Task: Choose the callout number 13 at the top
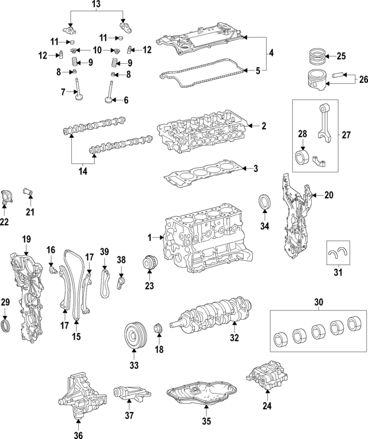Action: coord(96,5)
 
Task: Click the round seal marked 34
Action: coord(265,204)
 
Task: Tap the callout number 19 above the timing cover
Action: coord(26,238)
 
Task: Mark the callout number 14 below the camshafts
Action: coord(82,171)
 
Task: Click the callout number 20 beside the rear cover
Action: coord(328,195)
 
